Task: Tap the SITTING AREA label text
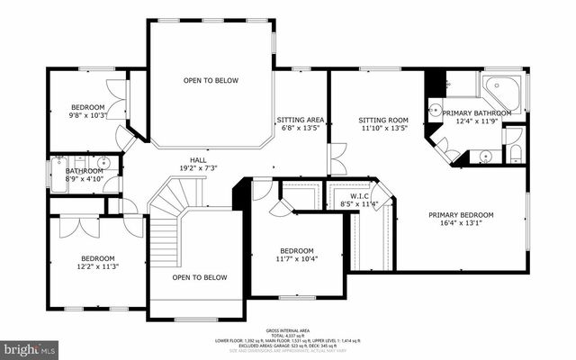coord(300,119)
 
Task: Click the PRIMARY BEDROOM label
coord(461,215)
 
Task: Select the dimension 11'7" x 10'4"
coord(296,259)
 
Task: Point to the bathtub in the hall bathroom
coord(59,170)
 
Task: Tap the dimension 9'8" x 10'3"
coord(87,114)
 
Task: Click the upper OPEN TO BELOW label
coord(211,81)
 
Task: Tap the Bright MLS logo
coord(29,347)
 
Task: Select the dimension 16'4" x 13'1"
coord(461,225)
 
